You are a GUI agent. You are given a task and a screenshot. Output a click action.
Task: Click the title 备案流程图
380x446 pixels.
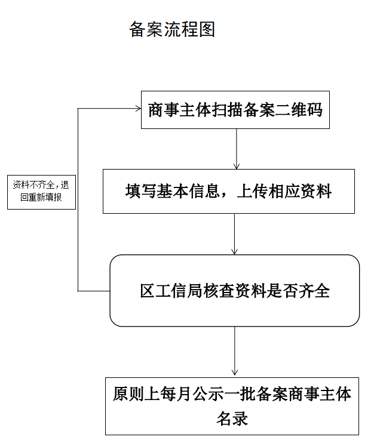click(172, 30)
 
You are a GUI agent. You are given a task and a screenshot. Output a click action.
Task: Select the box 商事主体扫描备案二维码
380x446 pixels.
click(235, 110)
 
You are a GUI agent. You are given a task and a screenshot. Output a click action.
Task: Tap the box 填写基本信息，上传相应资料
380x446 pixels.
click(228, 192)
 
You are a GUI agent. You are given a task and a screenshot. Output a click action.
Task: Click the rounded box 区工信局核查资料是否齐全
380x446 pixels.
click(235, 291)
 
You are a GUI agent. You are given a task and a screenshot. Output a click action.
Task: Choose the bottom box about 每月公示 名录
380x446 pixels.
click(232, 406)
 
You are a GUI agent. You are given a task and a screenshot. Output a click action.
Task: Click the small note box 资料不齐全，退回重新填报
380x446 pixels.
click(41, 192)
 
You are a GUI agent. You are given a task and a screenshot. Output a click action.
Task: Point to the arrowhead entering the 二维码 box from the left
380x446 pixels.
click(137, 109)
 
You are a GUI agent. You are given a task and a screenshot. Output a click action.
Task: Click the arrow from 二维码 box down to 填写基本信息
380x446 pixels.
click(237, 149)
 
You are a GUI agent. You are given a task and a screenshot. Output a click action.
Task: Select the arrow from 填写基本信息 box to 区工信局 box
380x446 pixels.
click(234, 233)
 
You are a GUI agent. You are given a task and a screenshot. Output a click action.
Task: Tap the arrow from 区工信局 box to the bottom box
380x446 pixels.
click(234, 352)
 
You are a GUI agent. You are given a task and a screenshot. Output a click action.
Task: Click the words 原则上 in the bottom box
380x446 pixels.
click(132, 395)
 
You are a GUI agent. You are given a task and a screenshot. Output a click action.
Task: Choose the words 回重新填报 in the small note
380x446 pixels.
click(41, 198)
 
